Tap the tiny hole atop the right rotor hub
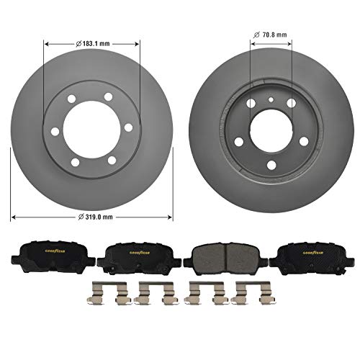(269, 100)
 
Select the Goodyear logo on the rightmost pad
(309, 252)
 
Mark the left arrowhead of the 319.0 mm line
(12, 215)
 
